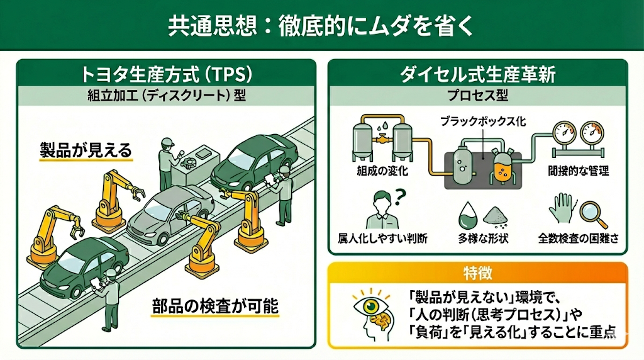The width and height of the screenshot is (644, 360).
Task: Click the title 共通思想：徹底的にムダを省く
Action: click(321, 26)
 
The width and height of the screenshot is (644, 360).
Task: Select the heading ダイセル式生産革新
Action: click(478, 74)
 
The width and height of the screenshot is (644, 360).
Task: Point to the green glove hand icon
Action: click(561, 210)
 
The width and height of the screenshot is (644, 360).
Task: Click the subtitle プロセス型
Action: click(478, 96)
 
